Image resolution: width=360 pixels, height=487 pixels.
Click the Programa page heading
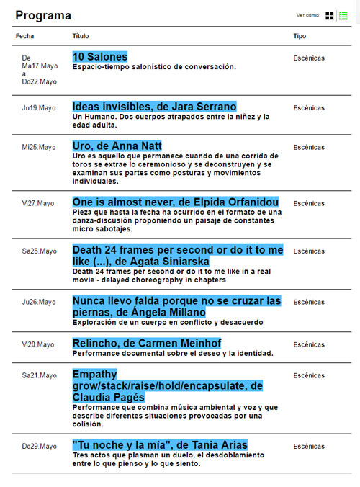tap(43, 15)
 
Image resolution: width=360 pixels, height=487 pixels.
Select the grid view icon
tap(330, 15)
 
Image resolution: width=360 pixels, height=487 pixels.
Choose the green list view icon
tap(343, 15)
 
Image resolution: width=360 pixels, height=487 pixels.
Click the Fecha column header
tap(24, 35)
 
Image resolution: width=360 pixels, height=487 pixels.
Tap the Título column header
tap(81, 35)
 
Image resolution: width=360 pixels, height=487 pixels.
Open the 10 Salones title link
tap(99, 57)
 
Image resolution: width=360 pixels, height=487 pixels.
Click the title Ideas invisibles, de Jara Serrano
tap(154, 107)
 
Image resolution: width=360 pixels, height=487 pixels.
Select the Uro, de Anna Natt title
tap(117, 146)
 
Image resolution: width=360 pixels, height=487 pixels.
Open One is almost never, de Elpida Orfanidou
tap(175, 202)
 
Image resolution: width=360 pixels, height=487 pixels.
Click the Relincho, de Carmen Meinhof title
tap(146, 343)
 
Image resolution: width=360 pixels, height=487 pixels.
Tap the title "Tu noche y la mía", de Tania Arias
tap(159, 444)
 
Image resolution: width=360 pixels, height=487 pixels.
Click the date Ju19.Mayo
tap(39, 108)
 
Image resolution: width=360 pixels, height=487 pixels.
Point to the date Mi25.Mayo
tap(39, 147)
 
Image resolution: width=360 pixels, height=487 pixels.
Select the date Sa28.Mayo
tap(39, 251)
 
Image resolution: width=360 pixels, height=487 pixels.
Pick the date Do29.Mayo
tap(39, 447)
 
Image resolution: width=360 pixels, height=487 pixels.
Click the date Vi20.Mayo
tap(38, 344)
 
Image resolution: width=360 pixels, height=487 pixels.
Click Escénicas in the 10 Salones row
tap(309, 58)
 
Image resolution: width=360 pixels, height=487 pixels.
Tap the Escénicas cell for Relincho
tap(309, 344)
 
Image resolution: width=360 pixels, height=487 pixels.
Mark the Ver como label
tap(308, 15)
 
